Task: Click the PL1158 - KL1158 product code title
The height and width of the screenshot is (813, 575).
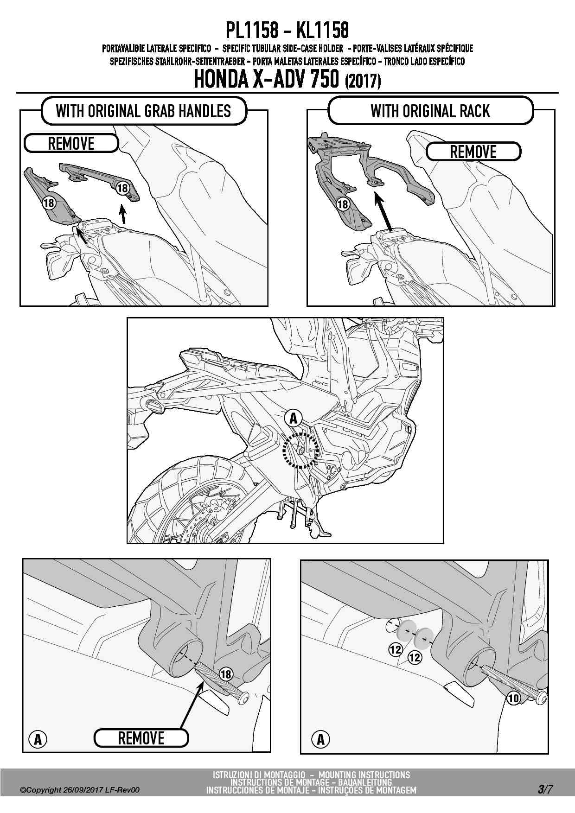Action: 287,31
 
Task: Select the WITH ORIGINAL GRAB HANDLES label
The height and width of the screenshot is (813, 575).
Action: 143,111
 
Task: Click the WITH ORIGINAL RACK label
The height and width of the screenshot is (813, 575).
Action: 430,111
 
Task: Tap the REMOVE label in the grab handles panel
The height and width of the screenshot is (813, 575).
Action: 71,144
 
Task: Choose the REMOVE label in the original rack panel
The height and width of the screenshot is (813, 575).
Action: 473,152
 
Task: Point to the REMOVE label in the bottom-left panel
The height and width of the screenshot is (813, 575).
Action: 141,738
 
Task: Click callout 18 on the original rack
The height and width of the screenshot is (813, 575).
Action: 342,204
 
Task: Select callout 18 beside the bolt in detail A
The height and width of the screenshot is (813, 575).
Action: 226,674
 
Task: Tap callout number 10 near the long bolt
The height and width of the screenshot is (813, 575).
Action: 513,698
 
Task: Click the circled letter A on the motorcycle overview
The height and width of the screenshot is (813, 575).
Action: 294,419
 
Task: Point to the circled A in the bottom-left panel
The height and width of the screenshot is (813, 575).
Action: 38,739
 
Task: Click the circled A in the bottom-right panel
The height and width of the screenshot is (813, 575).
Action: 320,739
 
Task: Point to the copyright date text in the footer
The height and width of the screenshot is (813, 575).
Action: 79,790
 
